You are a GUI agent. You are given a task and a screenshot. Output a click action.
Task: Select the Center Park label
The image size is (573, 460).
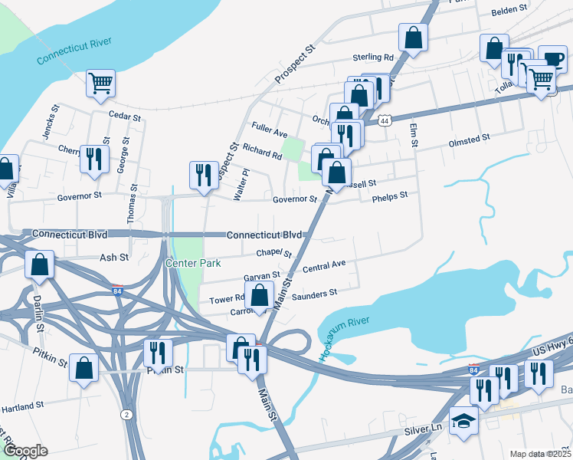click(x=193, y=263)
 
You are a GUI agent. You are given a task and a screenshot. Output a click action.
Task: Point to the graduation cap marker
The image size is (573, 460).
click(x=463, y=422)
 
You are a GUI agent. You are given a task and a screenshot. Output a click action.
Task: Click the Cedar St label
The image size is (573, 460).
click(x=126, y=117)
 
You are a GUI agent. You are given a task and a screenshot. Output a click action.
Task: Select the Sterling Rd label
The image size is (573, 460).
click(x=372, y=58)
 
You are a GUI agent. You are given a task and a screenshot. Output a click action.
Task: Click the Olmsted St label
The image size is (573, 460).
click(x=470, y=140)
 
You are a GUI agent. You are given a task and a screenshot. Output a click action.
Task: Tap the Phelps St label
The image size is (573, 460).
click(x=389, y=198)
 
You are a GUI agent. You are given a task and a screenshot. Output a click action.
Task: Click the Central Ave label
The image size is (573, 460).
click(x=324, y=266)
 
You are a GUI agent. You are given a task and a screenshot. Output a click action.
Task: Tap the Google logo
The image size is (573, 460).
click(x=25, y=450)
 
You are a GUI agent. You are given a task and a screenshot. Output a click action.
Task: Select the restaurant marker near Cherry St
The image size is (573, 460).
click(x=93, y=159)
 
